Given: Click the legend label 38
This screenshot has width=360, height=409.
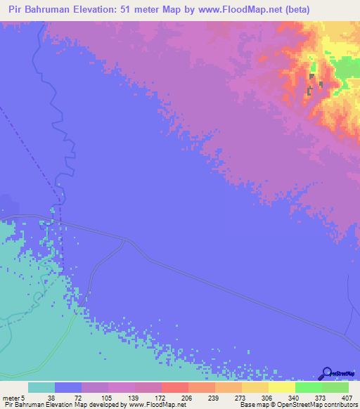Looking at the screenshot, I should (x=51, y=397).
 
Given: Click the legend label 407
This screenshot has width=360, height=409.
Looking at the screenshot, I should (x=345, y=397).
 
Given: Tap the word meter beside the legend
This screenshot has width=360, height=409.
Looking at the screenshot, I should (x=10, y=397).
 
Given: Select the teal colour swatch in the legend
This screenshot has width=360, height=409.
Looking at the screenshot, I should (x=41, y=387).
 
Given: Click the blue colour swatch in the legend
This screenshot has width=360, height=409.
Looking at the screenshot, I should (x=68, y=387).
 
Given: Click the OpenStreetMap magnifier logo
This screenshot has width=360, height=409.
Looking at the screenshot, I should (x=326, y=373).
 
